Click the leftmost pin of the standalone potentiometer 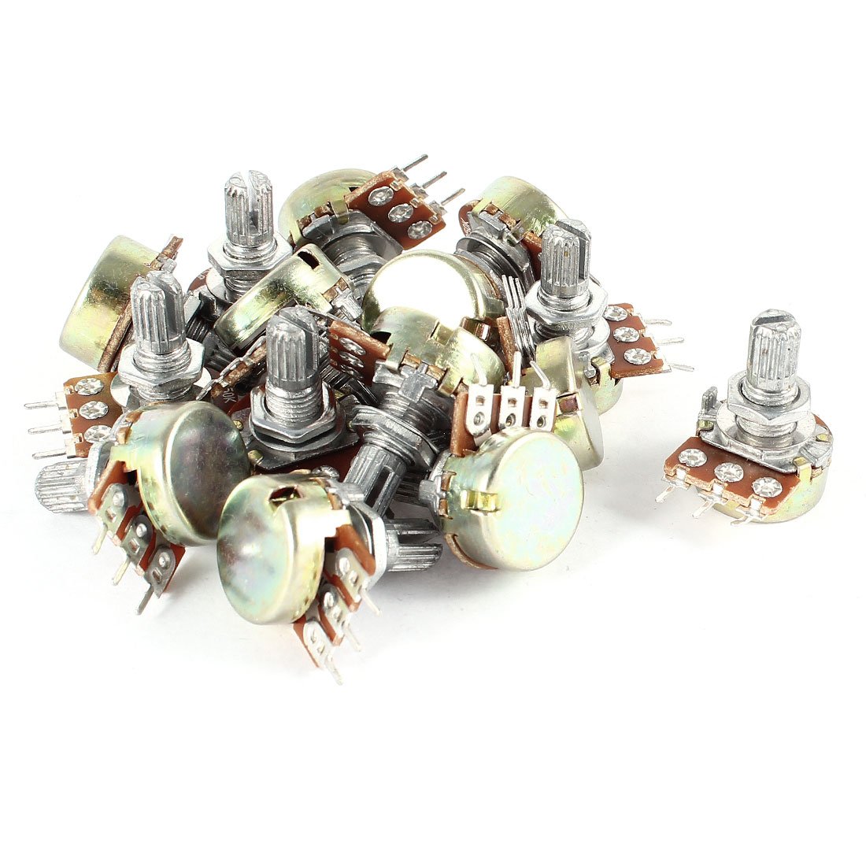point(666,493)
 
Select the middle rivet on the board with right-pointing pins point(627,335)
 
